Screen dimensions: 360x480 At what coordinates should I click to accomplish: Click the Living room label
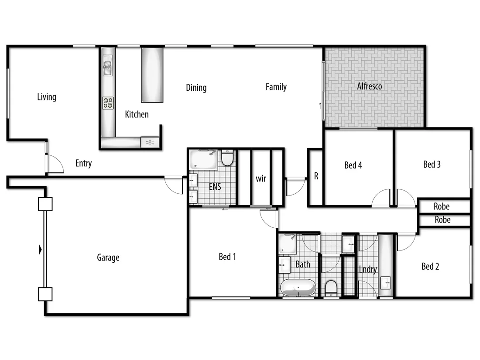point(47,97)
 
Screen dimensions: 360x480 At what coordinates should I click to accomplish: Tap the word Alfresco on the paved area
point(370,86)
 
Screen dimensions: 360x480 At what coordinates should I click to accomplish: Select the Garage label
point(108,258)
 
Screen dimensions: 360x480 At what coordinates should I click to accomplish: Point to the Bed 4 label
point(353,165)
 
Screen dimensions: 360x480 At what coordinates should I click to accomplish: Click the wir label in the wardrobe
point(261,178)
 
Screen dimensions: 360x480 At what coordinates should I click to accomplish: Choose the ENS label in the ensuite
point(215,187)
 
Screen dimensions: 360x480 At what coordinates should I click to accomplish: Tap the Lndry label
point(367,269)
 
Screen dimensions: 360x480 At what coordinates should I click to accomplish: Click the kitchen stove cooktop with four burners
point(108,103)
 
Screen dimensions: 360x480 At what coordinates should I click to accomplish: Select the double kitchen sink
point(107,68)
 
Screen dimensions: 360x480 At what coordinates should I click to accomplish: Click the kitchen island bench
point(152,75)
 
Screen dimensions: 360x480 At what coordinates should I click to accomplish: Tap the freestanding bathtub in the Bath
point(297,288)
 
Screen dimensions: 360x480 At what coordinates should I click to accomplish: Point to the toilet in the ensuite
point(227,158)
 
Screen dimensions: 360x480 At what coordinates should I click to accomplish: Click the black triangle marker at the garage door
point(40,250)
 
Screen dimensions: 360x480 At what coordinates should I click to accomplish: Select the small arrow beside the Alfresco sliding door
point(320,106)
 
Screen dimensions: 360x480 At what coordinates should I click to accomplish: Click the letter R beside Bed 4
point(316,177)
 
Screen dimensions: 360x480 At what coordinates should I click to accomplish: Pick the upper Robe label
point(441,206)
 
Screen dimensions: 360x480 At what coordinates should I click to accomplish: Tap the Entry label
point(83,164)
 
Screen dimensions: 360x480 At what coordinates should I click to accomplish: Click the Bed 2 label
point(430,266)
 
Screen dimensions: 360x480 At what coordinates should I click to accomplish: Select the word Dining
point(196,88)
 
